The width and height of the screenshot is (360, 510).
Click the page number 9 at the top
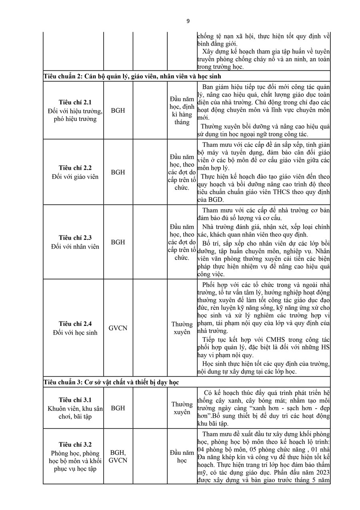(x=188, y=21)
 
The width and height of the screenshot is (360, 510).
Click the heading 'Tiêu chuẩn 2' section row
(x=132, y=76)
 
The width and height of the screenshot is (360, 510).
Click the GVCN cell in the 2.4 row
(x=118, y=328)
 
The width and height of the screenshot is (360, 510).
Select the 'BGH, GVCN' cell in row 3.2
(x=118, y=456)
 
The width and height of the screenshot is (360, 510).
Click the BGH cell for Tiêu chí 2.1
(x=118, y=110)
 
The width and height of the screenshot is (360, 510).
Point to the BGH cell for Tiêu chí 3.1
(x=118, y=408)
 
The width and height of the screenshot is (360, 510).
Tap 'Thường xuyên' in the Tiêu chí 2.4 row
(x=182, y=328)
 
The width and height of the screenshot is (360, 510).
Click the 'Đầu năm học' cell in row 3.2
(x=182, y=456)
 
